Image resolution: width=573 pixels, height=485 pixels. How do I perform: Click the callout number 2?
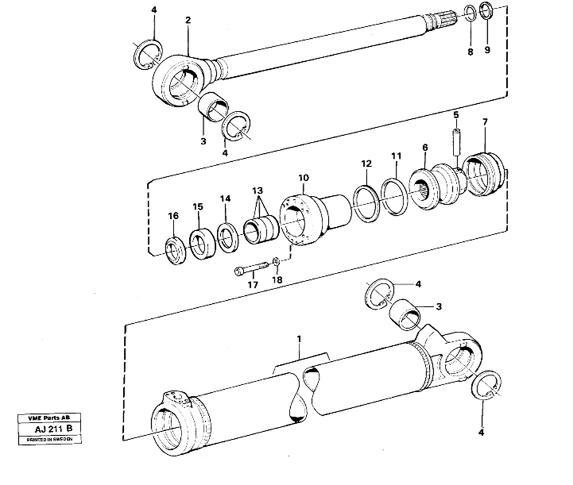(x=188, y=20)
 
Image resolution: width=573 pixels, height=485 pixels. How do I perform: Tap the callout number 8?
(x=470, y=52)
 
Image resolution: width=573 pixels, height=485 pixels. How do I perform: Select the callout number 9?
(x=487, y=49)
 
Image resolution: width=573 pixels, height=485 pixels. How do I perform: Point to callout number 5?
(x=456, y=115)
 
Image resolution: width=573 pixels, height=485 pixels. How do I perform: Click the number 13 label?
(x=257, y=190)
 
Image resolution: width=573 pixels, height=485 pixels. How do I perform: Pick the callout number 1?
(x=299, y=339)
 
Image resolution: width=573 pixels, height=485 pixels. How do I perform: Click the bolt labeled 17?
(x=251, y=270)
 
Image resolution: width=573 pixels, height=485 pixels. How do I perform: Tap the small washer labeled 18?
(x=276, y=261)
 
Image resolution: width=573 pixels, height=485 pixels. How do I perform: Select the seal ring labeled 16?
(x=176, y=251)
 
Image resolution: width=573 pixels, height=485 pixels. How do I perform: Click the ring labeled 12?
(x=366, y=203)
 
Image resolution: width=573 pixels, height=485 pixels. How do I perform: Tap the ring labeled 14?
(x=228, y=238)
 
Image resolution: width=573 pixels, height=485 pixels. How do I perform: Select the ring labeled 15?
(x=202, y=244)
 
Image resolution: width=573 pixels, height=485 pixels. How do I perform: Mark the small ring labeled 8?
(x=470, y=14)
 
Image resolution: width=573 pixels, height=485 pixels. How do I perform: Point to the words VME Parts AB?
(x=49, y=418)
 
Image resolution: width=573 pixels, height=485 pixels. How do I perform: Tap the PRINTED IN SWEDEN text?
(x=50, y=440)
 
